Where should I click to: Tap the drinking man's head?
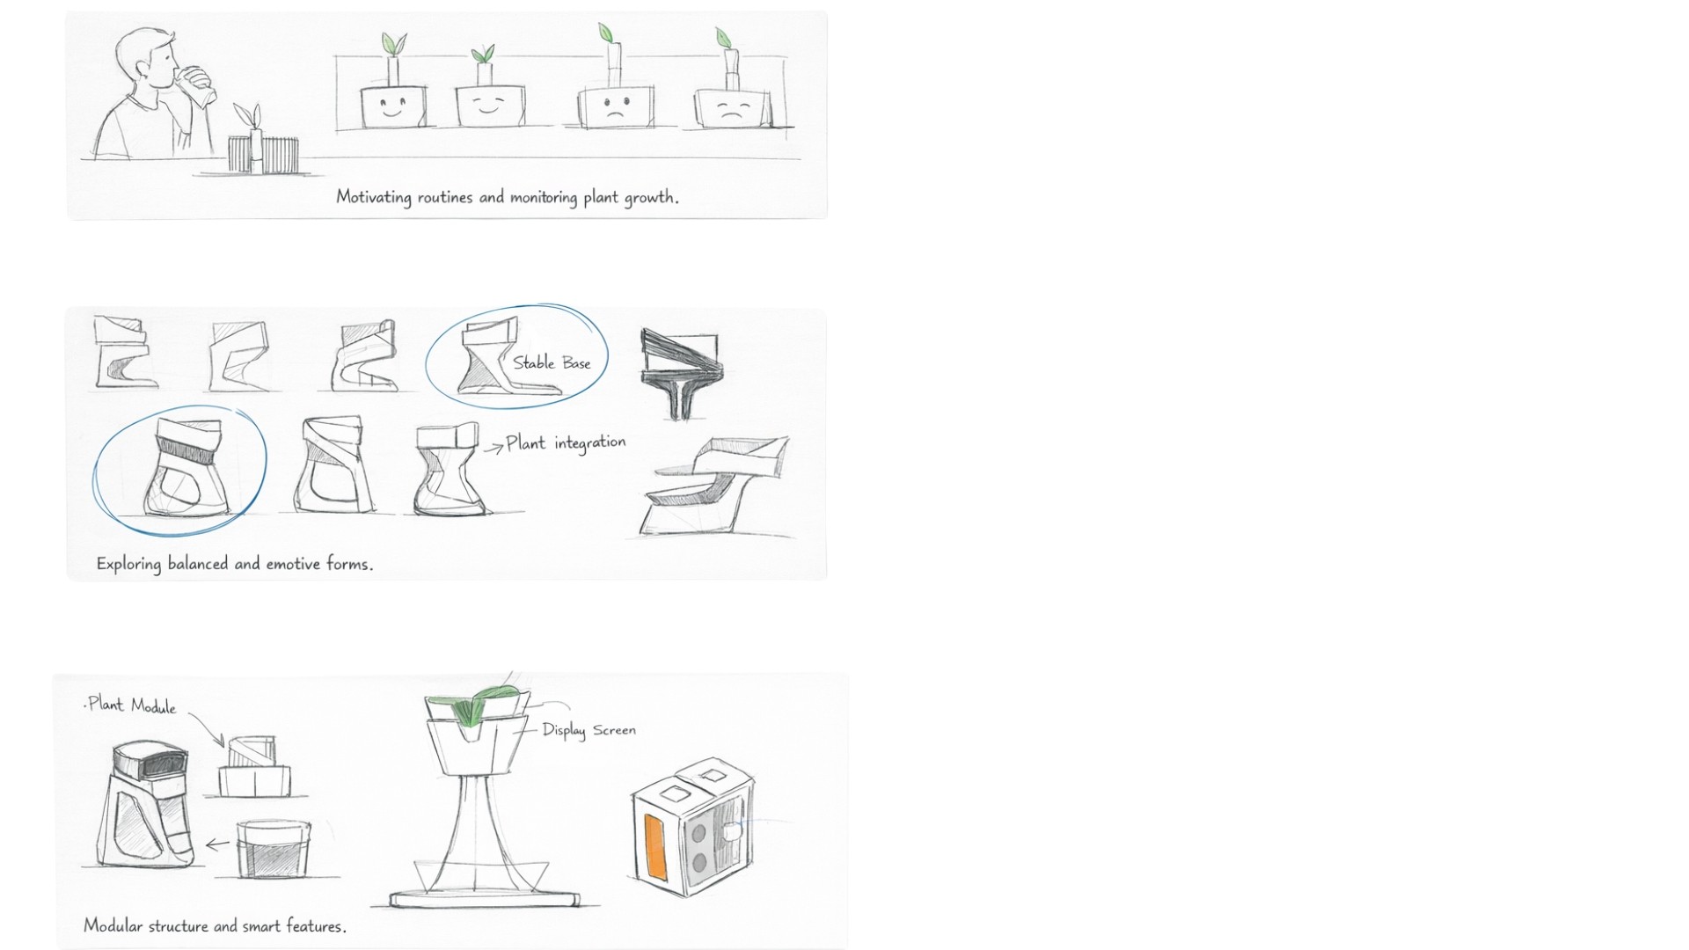point(150,61)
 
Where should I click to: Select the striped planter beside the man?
point(263,154)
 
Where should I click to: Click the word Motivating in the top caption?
point(374,197)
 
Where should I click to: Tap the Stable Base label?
point(552,362)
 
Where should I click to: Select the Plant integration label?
point(566,442)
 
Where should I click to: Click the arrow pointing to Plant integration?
point(493,448)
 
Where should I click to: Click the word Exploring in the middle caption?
point(128,564)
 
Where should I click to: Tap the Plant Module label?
point(132,705)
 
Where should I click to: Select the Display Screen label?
point(589,730)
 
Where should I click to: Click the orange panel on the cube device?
point(655,846)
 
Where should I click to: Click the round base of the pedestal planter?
point(486,898)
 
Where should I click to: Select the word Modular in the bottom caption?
point(113,925)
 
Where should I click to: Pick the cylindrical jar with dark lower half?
point(274,849)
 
